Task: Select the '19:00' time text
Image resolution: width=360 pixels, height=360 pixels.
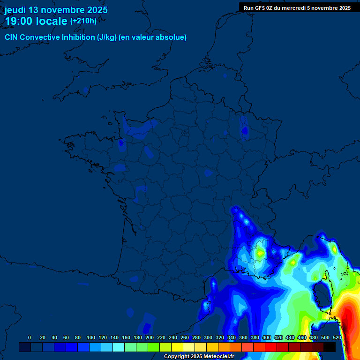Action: [x=19, y=21]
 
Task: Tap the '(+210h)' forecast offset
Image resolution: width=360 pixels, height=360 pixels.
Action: [x=83, y=21]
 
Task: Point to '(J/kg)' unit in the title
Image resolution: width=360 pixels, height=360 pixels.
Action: [x=106, y=37]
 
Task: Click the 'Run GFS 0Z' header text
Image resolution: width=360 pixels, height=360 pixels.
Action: [x=261, y=8]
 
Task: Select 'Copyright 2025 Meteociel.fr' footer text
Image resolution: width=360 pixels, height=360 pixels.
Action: [x=199, y=357]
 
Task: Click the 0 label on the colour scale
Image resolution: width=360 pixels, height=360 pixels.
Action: [x=30, y=338]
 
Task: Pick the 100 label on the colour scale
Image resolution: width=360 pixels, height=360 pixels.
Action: [x=90, y=338]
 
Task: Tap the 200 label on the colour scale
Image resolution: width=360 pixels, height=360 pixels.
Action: [x=150, y=338]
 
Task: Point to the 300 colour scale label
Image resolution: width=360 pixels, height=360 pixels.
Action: [x=208, y=338]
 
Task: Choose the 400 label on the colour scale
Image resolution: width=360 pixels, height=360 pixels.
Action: [x=267, y=338]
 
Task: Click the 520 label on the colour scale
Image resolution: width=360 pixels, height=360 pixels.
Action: [x=337, y=338]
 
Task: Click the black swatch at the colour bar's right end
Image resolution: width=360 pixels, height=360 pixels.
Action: [x=330, y=347]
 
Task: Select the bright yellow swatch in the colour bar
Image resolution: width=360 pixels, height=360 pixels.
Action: [x=177, y=347]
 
